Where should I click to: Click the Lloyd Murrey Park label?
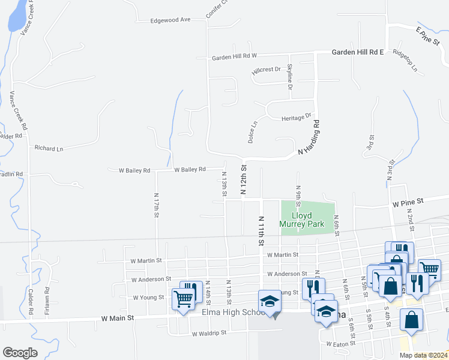[x=307, y=220]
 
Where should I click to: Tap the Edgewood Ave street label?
[x=170, y=20]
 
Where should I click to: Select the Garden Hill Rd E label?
[x=358, y=52]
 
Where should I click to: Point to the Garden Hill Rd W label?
[x=234, y=57]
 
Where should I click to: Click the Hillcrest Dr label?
[x=267, y=70]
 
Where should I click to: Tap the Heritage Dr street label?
[x=297, y=117]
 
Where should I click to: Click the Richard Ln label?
[x=49, y=148]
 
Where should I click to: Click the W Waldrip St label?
[x=208, y=332]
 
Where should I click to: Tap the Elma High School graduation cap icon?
[x=270, y=301]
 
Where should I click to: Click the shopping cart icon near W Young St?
[x=184, y=298]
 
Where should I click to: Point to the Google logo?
[x=20, y=353]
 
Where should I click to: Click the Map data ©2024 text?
[x=423, y=355]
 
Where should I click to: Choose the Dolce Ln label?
[x=253, y=131]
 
